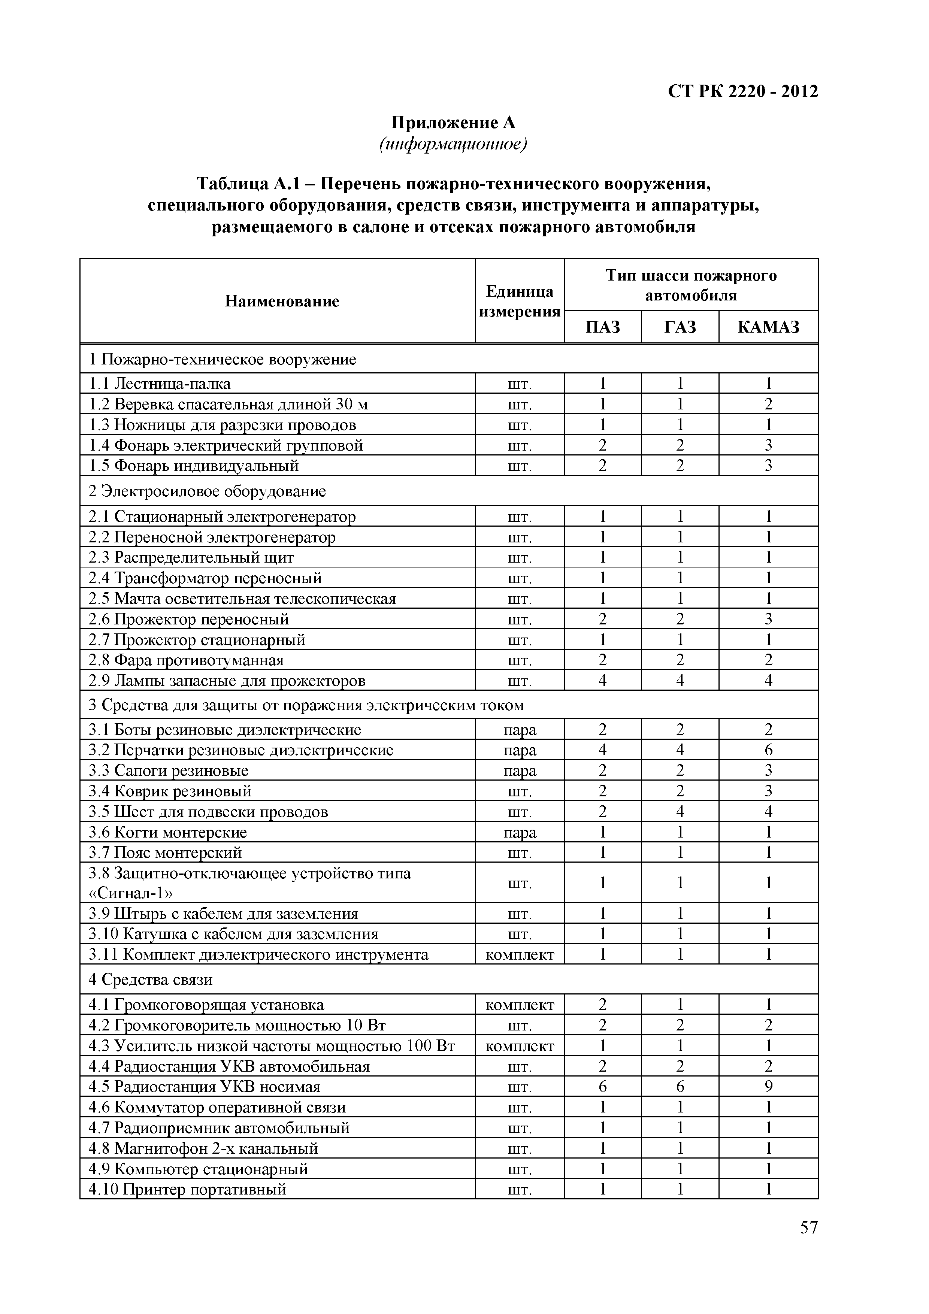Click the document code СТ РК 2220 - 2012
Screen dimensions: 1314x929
click(743, 91)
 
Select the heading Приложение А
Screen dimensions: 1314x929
click(453, 122)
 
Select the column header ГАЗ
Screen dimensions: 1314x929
click(680, 327)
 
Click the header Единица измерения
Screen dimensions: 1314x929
click(519, 301)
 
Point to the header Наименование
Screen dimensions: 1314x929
click(282, 301)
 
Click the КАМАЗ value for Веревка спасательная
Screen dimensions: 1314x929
click(768, 404)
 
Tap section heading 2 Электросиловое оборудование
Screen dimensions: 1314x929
click(207, 491)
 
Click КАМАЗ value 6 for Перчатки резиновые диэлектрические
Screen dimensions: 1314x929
click(768, 750)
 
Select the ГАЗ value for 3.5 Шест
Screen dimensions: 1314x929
click(680, 812)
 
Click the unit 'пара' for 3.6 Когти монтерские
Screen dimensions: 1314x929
click(519, 832)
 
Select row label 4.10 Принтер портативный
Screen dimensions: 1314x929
click(187, 1189)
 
